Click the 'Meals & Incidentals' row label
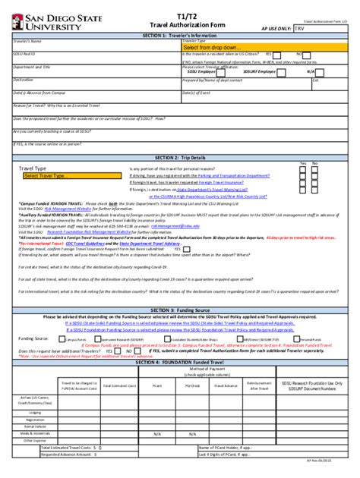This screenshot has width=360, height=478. click(x=30, y=432)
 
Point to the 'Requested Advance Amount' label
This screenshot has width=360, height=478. click(x=68, y=454)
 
